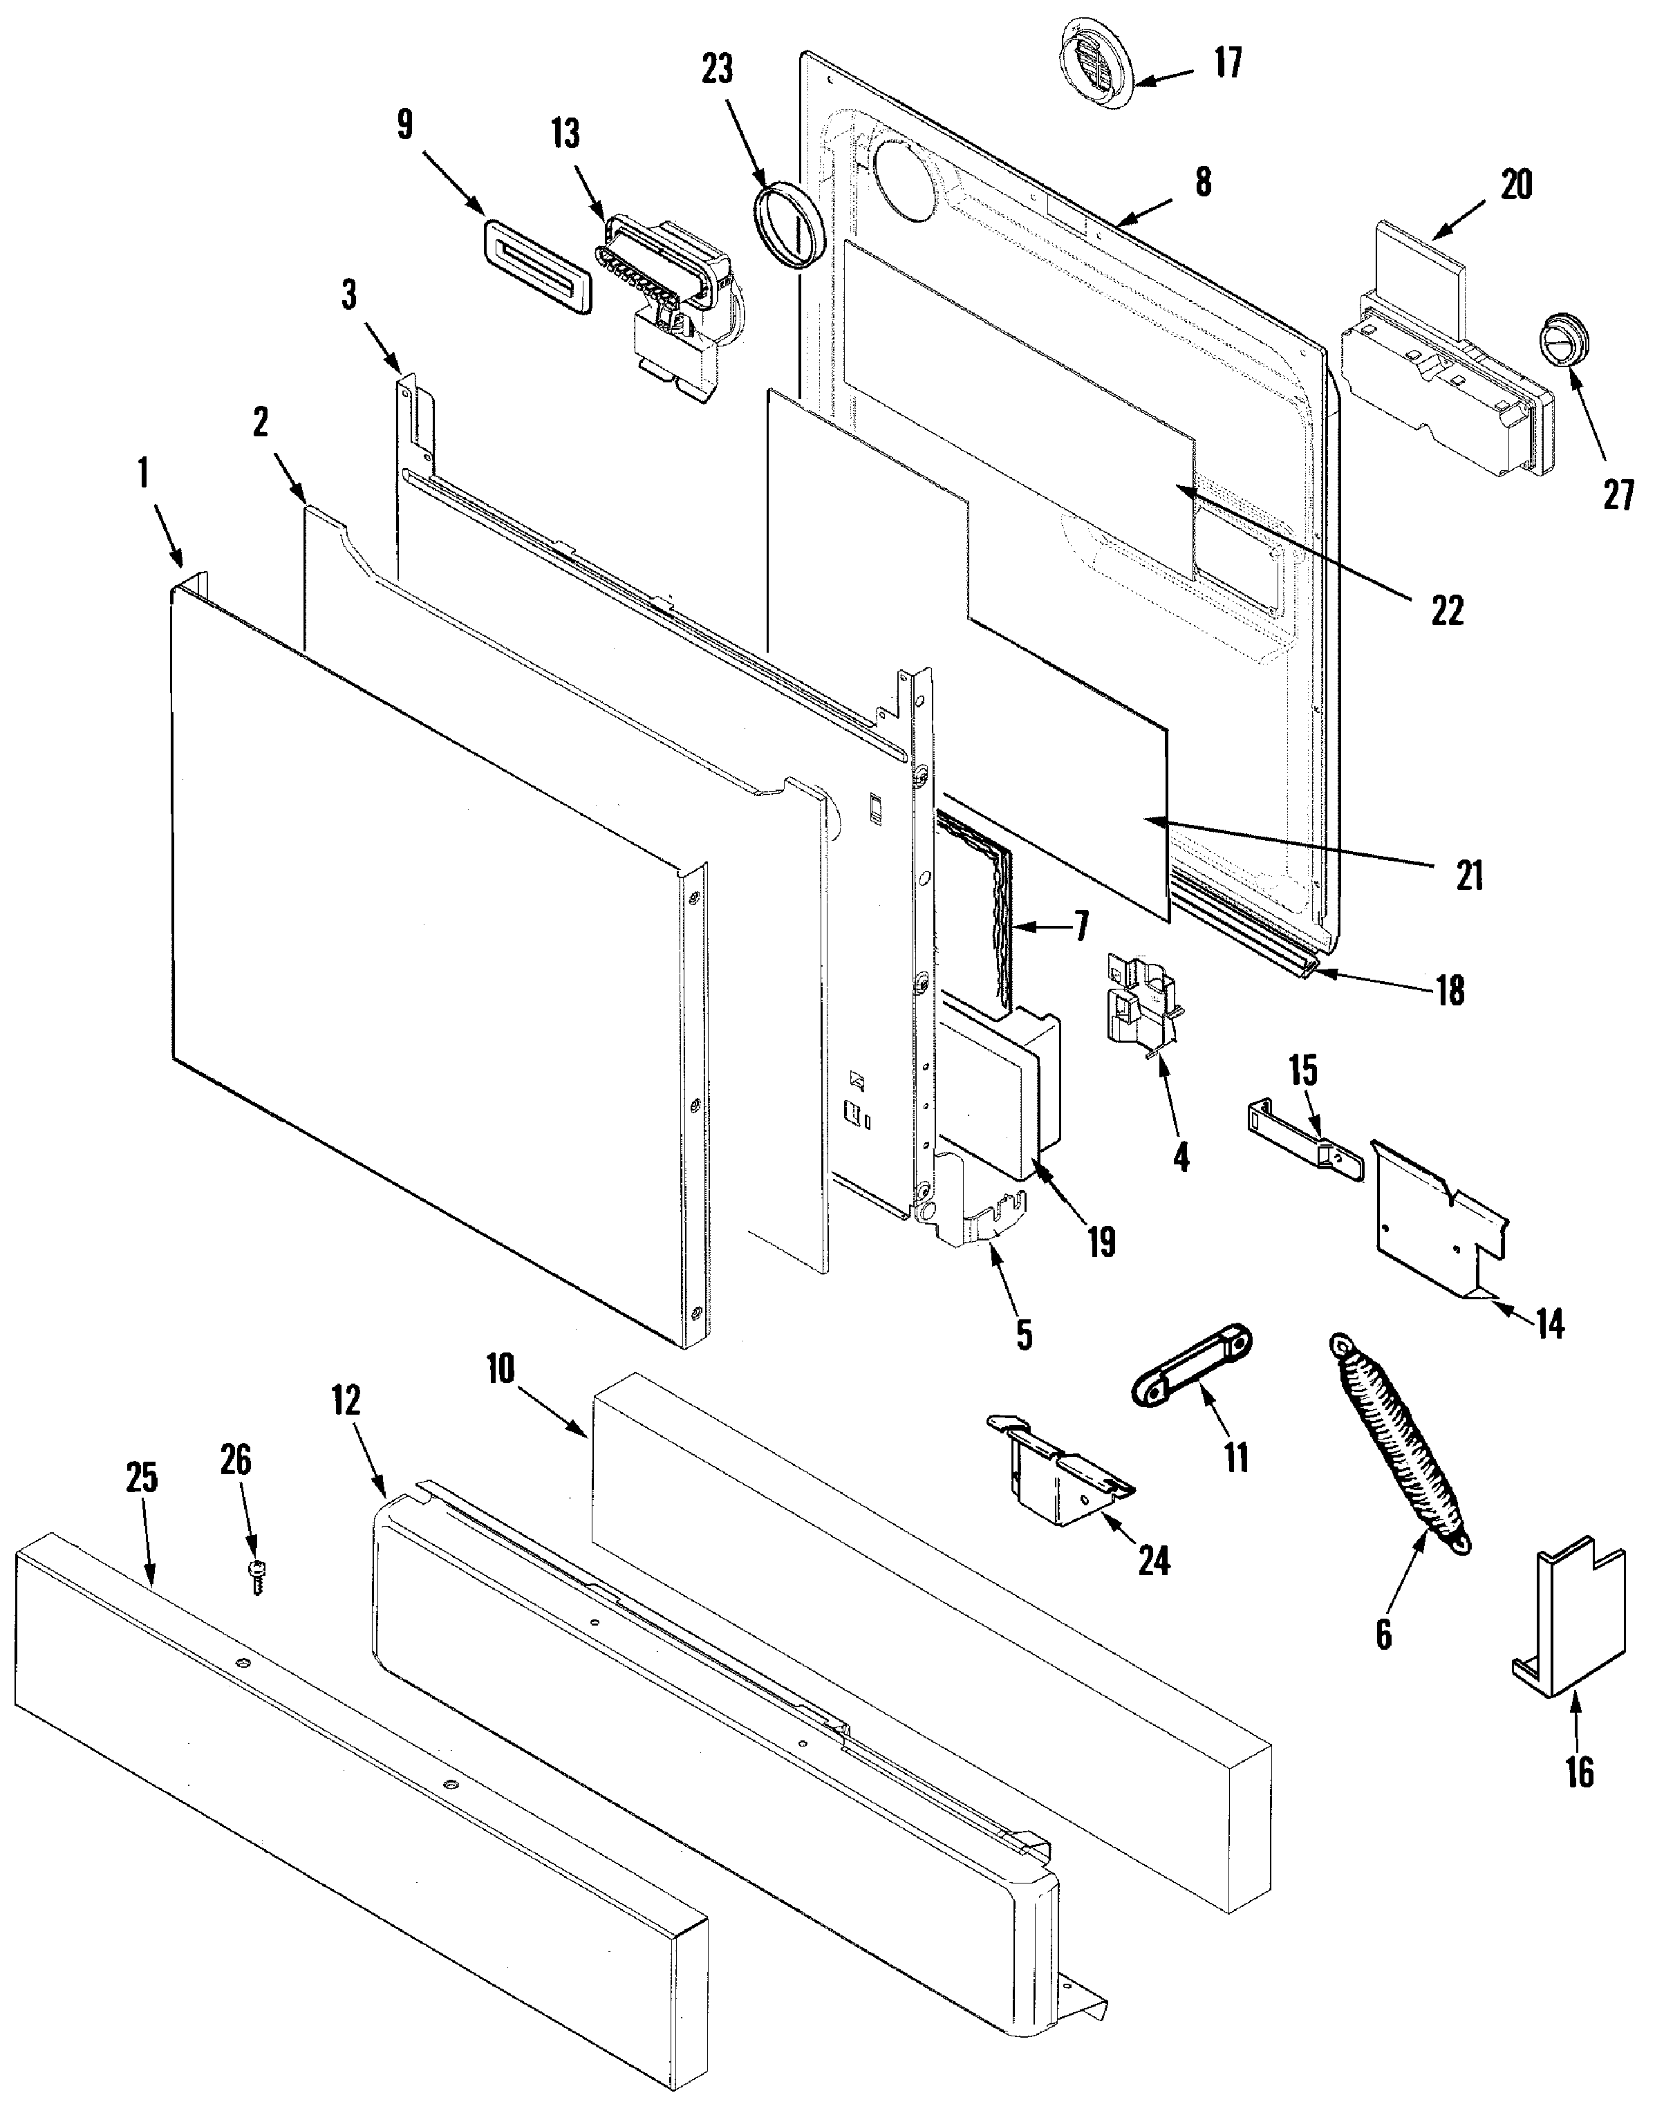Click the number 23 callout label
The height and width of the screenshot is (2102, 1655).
coord(718,70)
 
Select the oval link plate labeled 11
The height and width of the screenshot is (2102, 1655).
coord(1192,1368)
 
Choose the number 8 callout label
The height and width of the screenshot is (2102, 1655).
coord(1202,181)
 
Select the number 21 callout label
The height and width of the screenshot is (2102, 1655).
coord(1470,876)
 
